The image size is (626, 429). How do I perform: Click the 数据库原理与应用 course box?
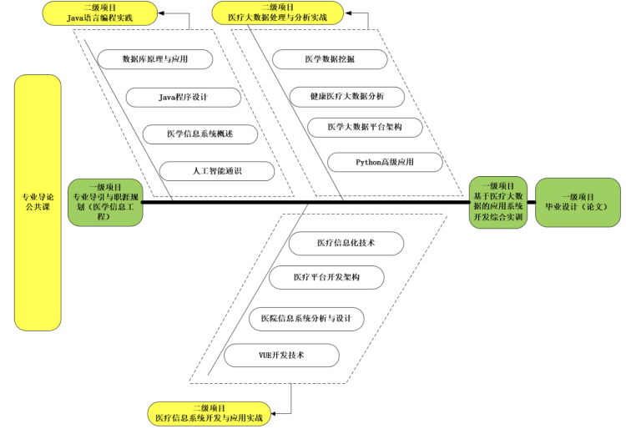155,59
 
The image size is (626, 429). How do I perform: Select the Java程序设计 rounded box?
184,97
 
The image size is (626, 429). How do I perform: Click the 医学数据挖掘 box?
331,59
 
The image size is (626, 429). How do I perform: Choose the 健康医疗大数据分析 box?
348,96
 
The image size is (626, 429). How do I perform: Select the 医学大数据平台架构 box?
365,127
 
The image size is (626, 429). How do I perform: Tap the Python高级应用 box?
385,161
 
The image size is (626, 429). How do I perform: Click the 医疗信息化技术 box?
346,243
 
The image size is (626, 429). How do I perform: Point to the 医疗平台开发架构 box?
326,277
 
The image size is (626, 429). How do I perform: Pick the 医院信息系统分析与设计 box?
306,319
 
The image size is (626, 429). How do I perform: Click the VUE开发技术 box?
281,355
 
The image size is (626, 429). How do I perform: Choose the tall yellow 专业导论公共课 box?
38,202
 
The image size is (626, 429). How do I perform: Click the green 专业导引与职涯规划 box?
105,202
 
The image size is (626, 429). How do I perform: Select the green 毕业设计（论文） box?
577,201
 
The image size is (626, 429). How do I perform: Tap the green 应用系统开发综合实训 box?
497,201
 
